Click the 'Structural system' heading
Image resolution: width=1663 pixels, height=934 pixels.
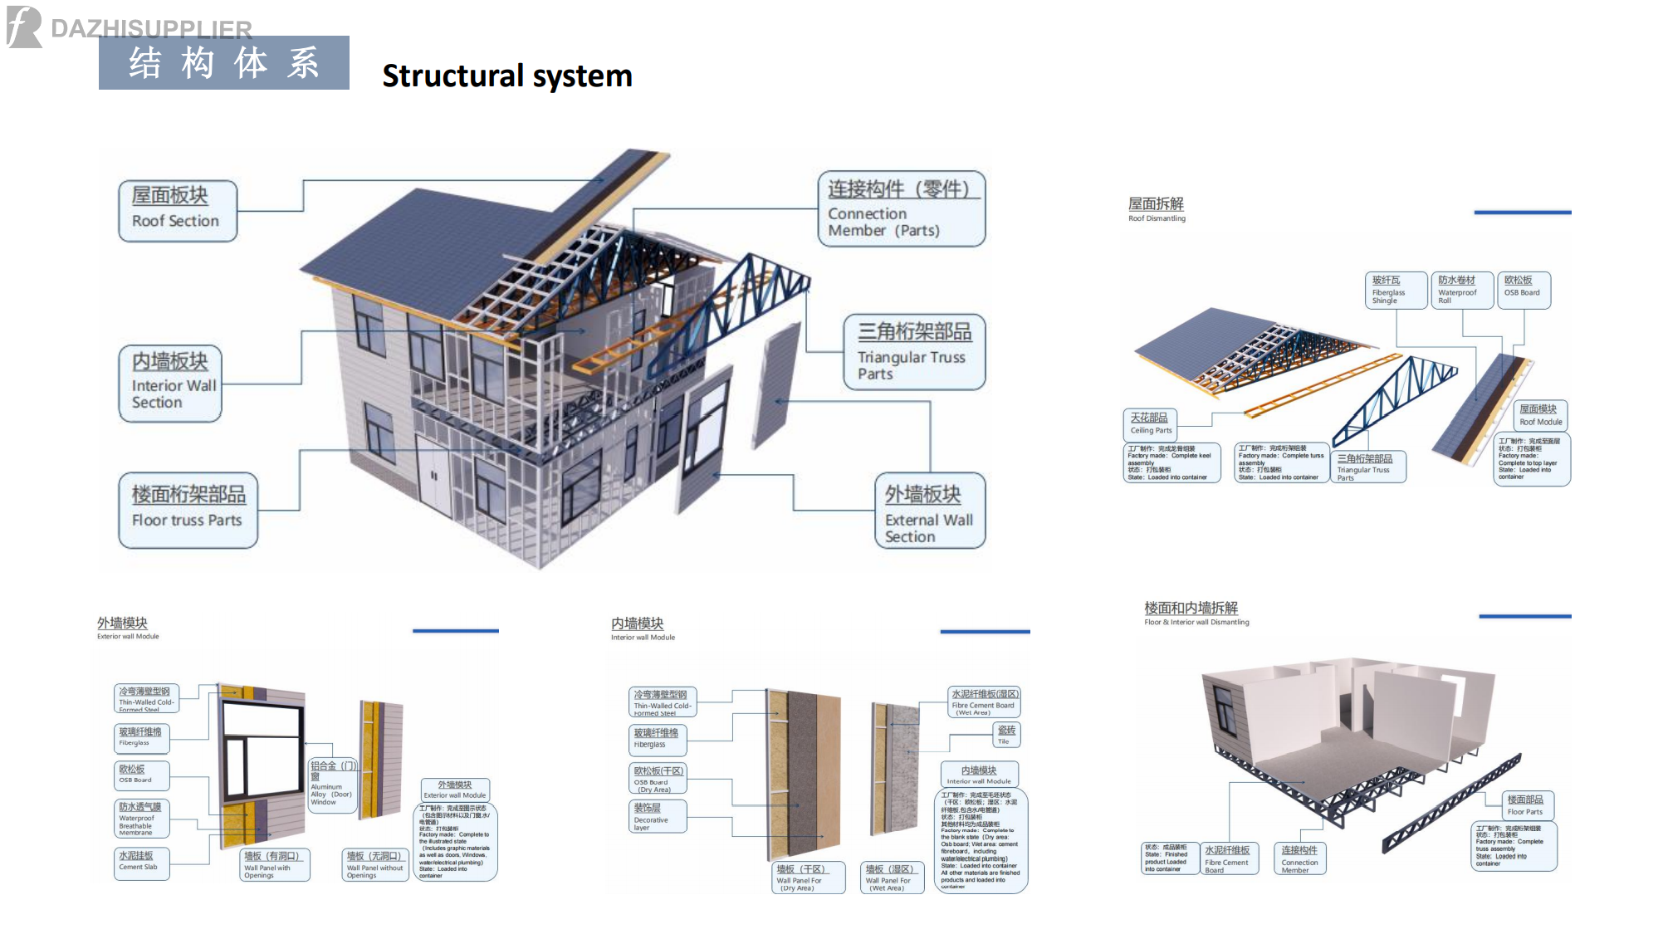(x=506, y=76)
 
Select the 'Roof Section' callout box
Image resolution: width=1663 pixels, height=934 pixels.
(x=177, y=211)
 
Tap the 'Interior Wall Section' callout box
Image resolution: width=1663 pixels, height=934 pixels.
(x=170, y=384)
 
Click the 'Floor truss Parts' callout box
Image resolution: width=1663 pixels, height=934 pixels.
(x=188, y=510)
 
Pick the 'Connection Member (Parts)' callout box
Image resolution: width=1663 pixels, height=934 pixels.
(x=901, y=209)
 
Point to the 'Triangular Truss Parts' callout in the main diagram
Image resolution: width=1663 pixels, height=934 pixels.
(x=914, y=352)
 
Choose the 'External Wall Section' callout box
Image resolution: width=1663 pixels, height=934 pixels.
(x=929, y=511)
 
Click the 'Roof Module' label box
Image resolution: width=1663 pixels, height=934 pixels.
(x=1541, y=415)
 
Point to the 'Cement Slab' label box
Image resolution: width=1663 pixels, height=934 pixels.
(x=142, y=862)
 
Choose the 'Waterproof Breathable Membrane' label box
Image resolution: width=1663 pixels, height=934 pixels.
(x=141, y=818)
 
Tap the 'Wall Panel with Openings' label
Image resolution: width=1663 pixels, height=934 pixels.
(x=274, y=864)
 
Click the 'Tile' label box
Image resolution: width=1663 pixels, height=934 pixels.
(x=1006, y=735)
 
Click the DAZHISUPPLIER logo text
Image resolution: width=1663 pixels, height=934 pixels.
(x=151, y=29)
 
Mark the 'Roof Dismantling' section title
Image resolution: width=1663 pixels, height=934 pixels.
(x=1157, y=209)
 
